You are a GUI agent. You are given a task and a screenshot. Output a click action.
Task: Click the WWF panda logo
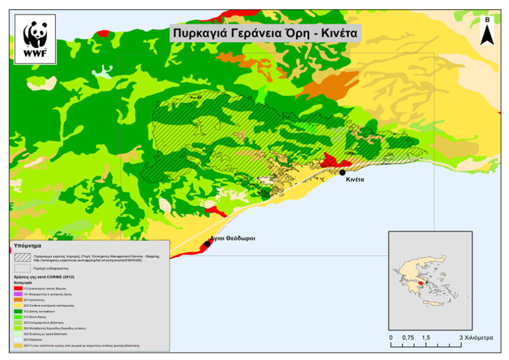(x=35, y=39)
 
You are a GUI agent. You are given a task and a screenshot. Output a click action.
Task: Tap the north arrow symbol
(x=487, y=32)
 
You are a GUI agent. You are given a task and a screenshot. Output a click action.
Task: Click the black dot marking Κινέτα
(x=342, y=172)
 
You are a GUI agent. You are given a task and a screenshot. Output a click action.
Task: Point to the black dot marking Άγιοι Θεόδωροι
(x=207, y=243)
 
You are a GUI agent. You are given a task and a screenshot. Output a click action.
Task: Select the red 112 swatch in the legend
(x=19, y=288)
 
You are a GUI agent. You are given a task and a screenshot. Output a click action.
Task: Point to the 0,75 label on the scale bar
(x=408, y=337)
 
